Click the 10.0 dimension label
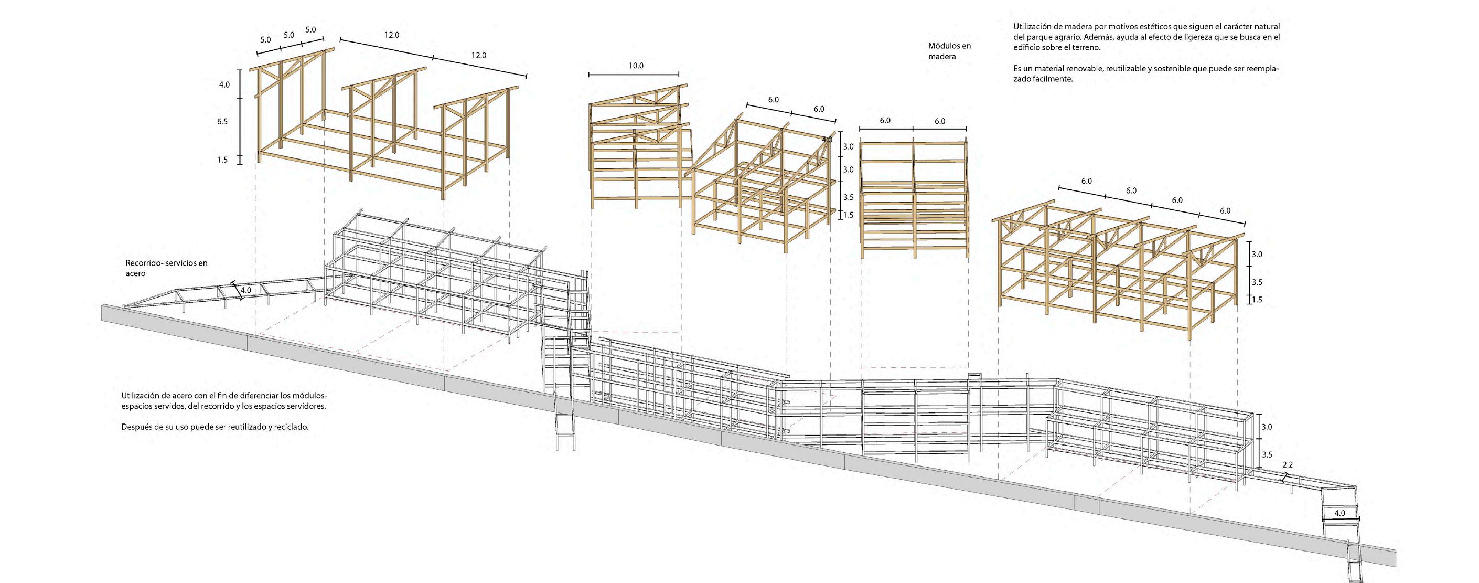click(636, 66)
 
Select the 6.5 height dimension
click(223, 122)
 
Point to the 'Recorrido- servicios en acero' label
click(166, 268)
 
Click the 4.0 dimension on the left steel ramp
click(246, 291)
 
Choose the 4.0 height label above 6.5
click(224, 84)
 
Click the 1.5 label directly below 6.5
click(223, 160)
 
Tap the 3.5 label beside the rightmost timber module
click(1257, 283)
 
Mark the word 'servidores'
click(308, 406)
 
